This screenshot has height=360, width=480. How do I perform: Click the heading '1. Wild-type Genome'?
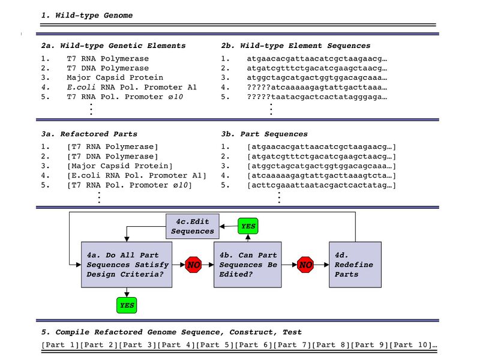point(87,15)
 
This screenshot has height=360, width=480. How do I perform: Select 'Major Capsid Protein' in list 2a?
point(115,78)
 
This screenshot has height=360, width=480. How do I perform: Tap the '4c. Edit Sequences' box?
point(192,227)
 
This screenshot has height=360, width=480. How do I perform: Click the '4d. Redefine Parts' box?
point(355,265)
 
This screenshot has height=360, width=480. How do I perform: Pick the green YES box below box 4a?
point(127,305)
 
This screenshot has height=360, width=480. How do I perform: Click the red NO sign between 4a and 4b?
point(194,265)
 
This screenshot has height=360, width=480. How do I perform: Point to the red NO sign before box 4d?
point(306,265)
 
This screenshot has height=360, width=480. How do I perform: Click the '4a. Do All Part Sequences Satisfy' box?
point(127,265)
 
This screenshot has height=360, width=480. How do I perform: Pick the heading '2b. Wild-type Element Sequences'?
point(296,46)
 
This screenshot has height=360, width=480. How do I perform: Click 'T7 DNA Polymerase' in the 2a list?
point(107,68)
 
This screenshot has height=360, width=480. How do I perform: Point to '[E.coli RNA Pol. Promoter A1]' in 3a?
point(137,176)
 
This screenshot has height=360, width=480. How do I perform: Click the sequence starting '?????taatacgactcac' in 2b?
point(317,97)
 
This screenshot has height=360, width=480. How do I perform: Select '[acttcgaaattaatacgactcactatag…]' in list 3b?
point(322,185)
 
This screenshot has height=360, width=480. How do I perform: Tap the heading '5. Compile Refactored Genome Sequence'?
point(171,332)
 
